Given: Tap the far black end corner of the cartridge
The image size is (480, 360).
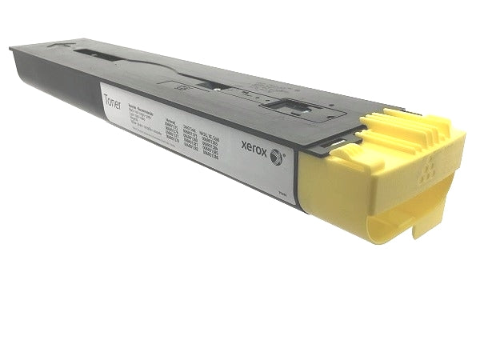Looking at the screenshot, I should pos(14,50).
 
